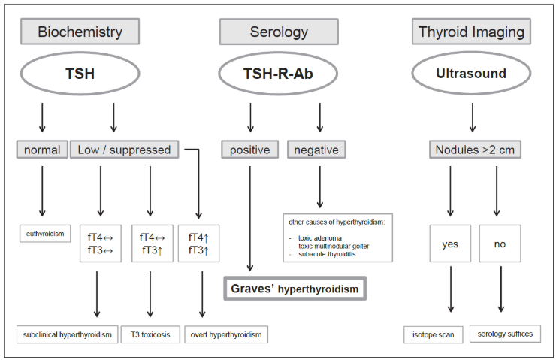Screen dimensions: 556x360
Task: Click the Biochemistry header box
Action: [x=80, y=32]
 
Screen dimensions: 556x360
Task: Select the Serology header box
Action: [x=279, y=32]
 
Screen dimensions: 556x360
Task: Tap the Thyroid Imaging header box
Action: [x=471, y=32]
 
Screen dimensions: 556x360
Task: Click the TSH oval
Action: [x=80, y=74]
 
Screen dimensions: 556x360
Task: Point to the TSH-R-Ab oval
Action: [x=278, y=74]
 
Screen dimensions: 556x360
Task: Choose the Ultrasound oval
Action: [x=471, y=73]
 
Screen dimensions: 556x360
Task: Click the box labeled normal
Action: [x=42, y=150]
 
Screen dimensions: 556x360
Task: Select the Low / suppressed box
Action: [x=125, y=150]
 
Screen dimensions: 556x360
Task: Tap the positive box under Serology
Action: [x=250, y=150]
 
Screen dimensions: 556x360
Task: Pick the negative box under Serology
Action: [x=316, y=150]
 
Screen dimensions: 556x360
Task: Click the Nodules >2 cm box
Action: [x=475, y=150]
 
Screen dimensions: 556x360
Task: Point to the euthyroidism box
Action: [x=45, y=234]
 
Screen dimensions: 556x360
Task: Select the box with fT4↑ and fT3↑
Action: [x=198, y=244]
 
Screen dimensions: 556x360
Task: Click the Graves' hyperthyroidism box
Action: [x=295, y=289]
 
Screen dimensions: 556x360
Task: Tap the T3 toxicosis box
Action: [x=150, y=334]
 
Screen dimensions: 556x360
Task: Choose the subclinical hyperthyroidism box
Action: [x=68, y=334]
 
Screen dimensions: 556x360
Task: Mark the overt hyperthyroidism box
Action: [x=226, y=334]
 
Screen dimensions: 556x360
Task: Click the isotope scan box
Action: [x=434, y=334]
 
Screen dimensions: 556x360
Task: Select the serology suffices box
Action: [x=506, y=334]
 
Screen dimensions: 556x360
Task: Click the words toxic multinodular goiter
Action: [x=334, y=246]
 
